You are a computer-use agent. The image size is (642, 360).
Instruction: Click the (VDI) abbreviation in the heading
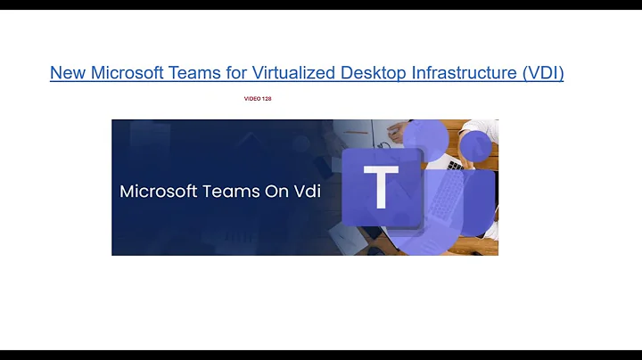point(543,73)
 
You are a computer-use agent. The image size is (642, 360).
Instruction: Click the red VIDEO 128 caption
point(257,99)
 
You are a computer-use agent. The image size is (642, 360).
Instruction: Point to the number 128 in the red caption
point(266,99)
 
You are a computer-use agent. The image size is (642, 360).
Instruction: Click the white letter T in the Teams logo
point(381,188)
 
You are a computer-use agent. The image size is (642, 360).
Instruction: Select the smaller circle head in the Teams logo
point(474,146)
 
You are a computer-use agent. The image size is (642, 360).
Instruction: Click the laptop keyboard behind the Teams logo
point(456,164)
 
